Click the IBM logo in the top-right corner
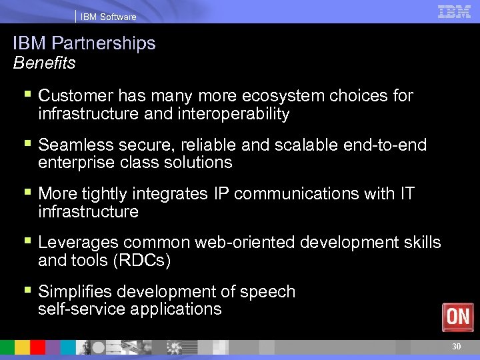(454, 11)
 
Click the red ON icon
(458, 317)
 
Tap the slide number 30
(457, 346)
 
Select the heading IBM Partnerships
(84, 44)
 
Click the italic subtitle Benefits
(44, 63)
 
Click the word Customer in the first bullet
(73, 96)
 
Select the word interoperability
(233, 114)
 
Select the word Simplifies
(73, 291)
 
